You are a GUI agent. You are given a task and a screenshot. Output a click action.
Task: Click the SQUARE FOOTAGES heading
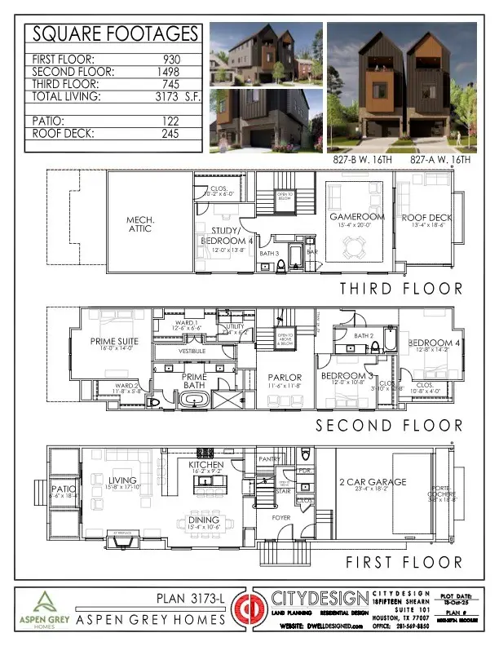coord(114,34)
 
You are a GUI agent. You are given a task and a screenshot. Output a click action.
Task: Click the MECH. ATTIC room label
coord(147,224)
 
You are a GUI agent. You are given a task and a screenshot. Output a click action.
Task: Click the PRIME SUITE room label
coord(115,342)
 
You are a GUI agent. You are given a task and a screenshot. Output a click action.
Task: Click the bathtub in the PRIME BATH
coord(193,400)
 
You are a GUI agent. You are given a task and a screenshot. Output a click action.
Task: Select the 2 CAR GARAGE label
coord(373,483)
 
